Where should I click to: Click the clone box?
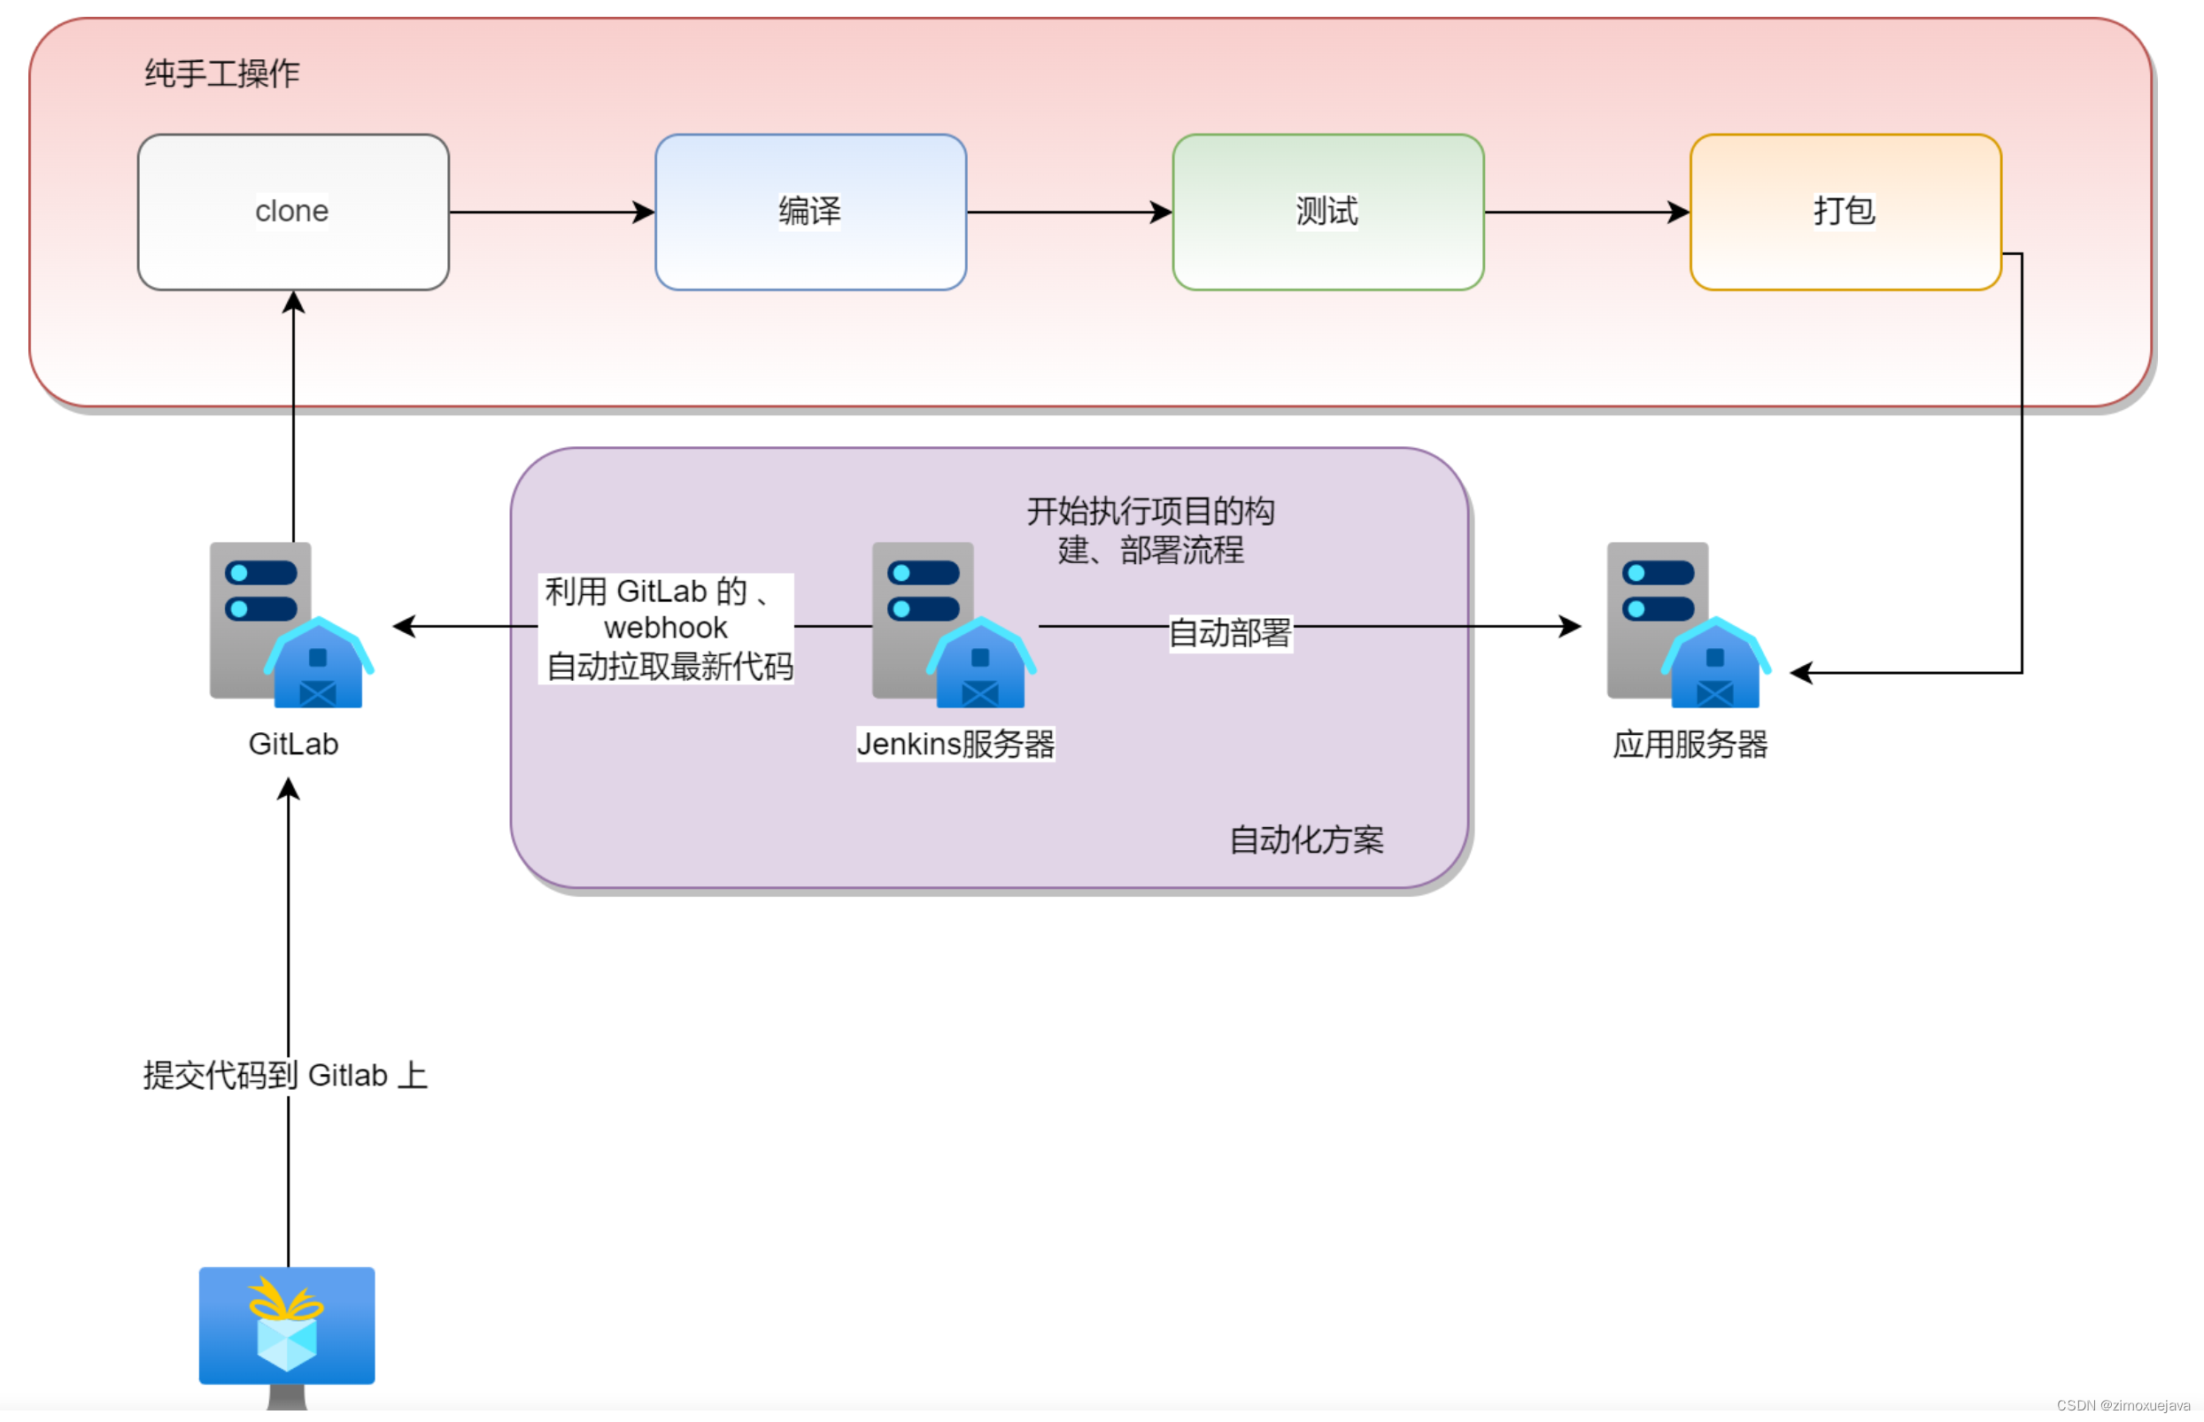[x=293, y=212]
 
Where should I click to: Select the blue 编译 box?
[x=809, y=212]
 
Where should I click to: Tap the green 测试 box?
[x=1326, y=212]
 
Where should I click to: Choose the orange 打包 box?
[x=1844, y=212]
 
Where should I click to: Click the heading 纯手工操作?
[x=221, y=73]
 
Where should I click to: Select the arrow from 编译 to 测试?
[x=1068, y=212]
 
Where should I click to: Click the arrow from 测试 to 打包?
[x=1585, y=212]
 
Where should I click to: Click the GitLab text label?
[x=293, y=744]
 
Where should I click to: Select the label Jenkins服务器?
[x=955, y=744]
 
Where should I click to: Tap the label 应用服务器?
[x=1689, y=744]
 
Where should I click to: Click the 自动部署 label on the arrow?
[x=1229, y=632]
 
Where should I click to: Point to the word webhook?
[x=665, y=628]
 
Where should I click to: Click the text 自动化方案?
[x=1305, y=839]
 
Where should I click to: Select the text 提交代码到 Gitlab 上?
[x=285, y=1075]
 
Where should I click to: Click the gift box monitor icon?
[x=286, y=1328]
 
